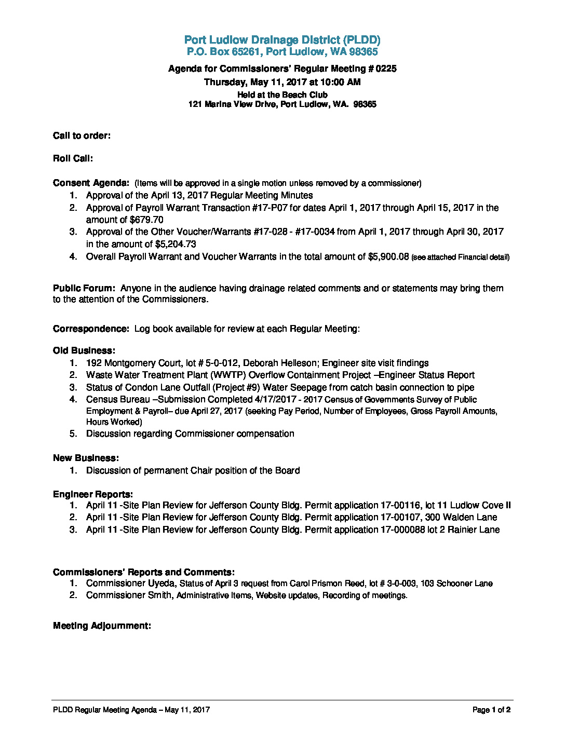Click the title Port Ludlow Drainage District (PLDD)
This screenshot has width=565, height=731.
(282, 40)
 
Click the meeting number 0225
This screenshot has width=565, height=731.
(386, 69)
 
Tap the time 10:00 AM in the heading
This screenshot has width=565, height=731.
(341, 82)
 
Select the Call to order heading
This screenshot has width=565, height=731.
(82, 136)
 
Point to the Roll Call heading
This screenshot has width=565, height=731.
(73, 158)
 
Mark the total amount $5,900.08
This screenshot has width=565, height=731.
(388, 256)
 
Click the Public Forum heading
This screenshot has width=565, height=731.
(84, 288)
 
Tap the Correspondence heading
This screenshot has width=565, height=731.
(91, 329)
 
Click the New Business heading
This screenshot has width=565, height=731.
(86, 458)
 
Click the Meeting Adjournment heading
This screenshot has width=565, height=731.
(102, 626)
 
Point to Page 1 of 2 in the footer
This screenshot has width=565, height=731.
(491, 710)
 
